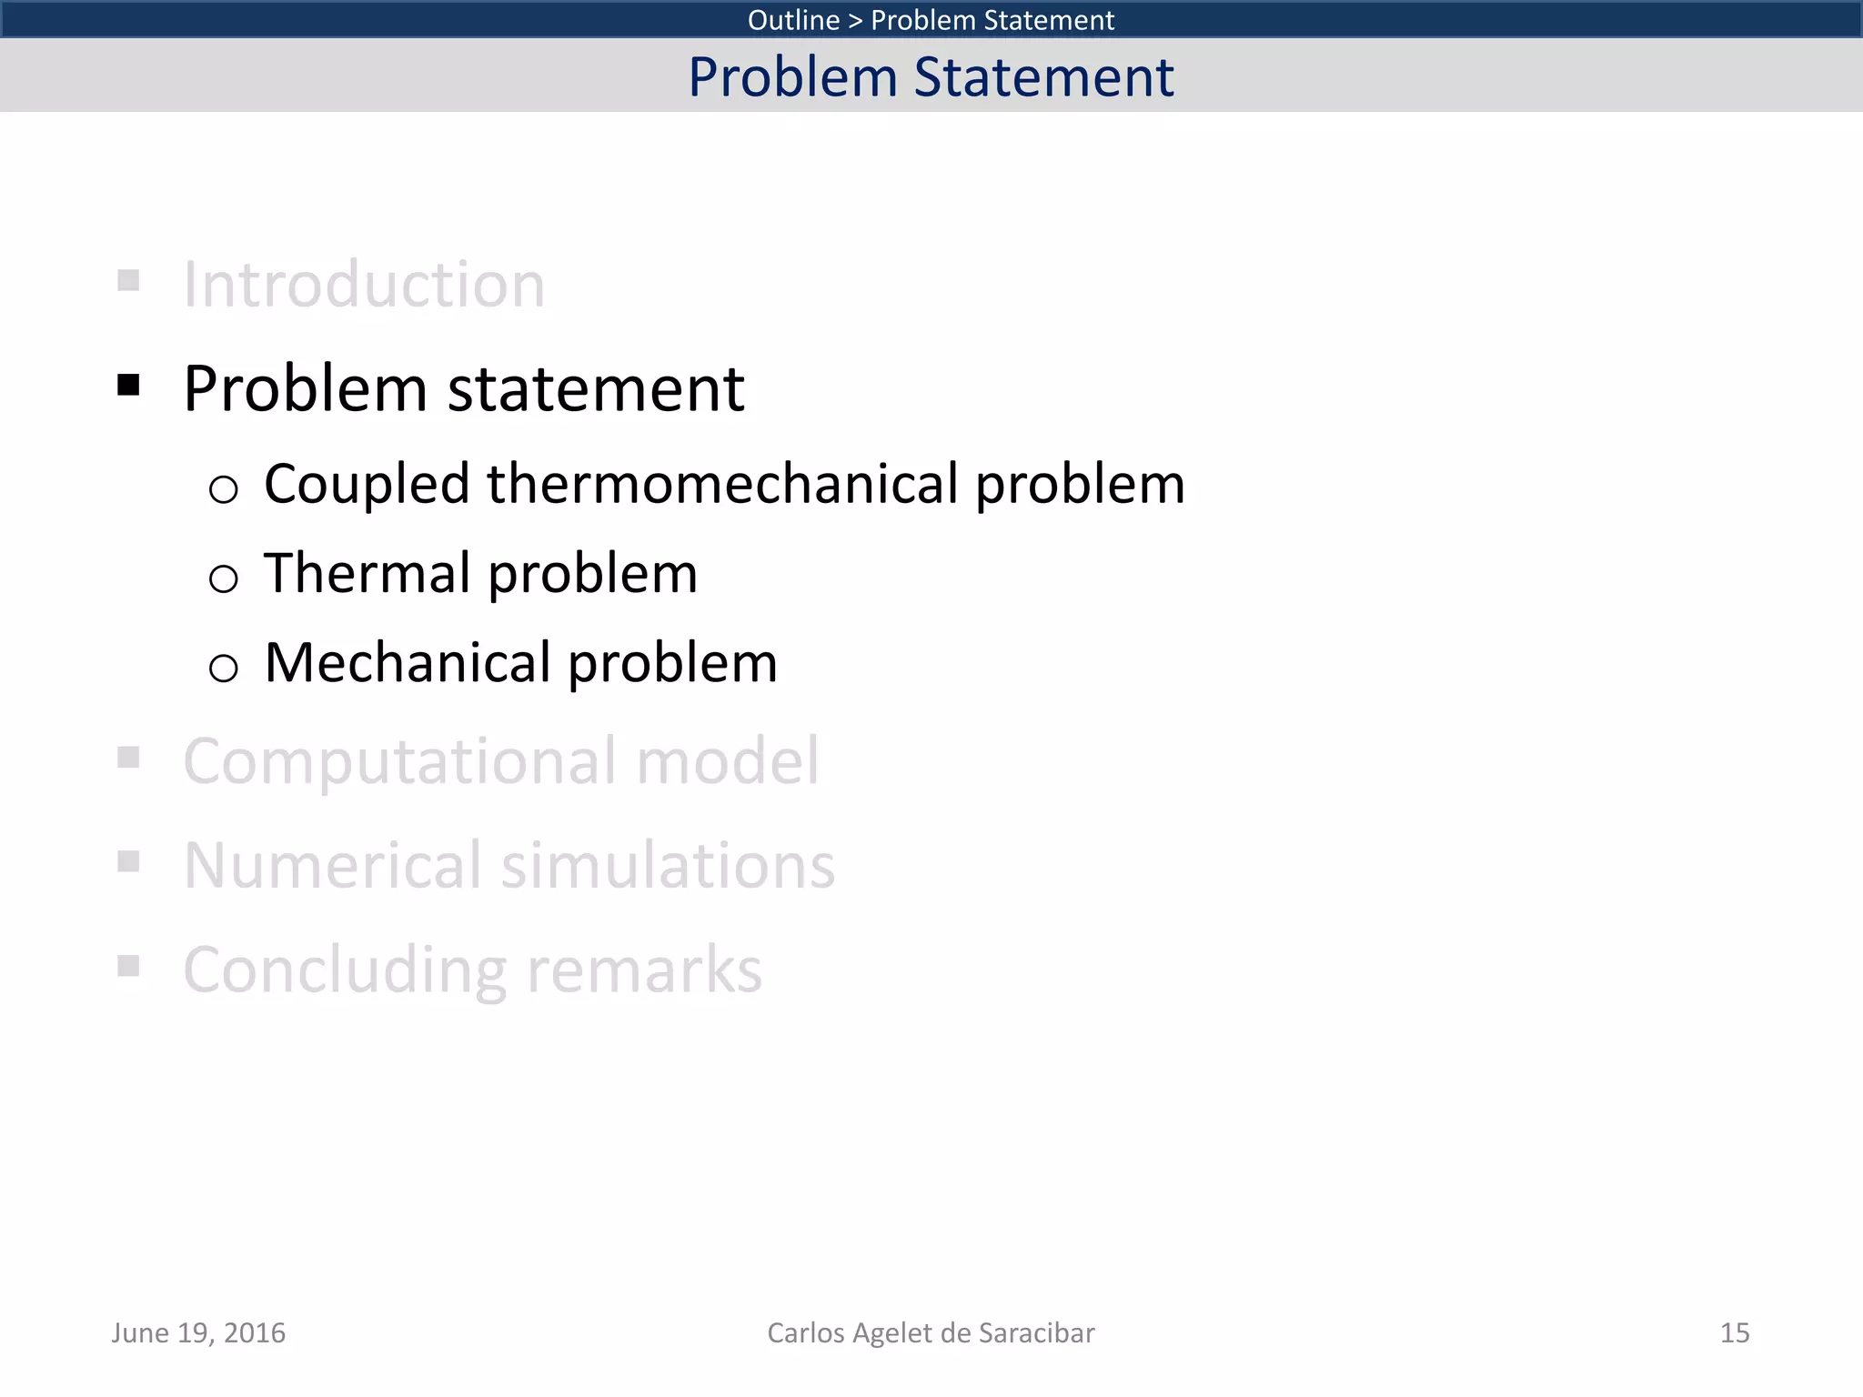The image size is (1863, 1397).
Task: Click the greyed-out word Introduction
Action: pos(364,285)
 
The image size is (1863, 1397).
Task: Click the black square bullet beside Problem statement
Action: pos(128,386)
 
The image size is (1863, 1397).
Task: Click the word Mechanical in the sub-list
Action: pos(408,662)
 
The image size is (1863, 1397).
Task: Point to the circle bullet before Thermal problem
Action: pos(223,578)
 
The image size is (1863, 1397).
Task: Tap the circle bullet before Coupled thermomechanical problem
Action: pos(223,489)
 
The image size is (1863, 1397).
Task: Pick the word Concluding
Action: pos(344,970)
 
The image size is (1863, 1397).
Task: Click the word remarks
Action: pos(644,970)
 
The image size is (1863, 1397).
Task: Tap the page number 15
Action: pos(1734,1332)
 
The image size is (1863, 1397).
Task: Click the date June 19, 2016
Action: pos(198,1332)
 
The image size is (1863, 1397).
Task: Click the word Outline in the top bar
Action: pos(793,19)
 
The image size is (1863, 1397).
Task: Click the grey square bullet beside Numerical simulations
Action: pos(128,860)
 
